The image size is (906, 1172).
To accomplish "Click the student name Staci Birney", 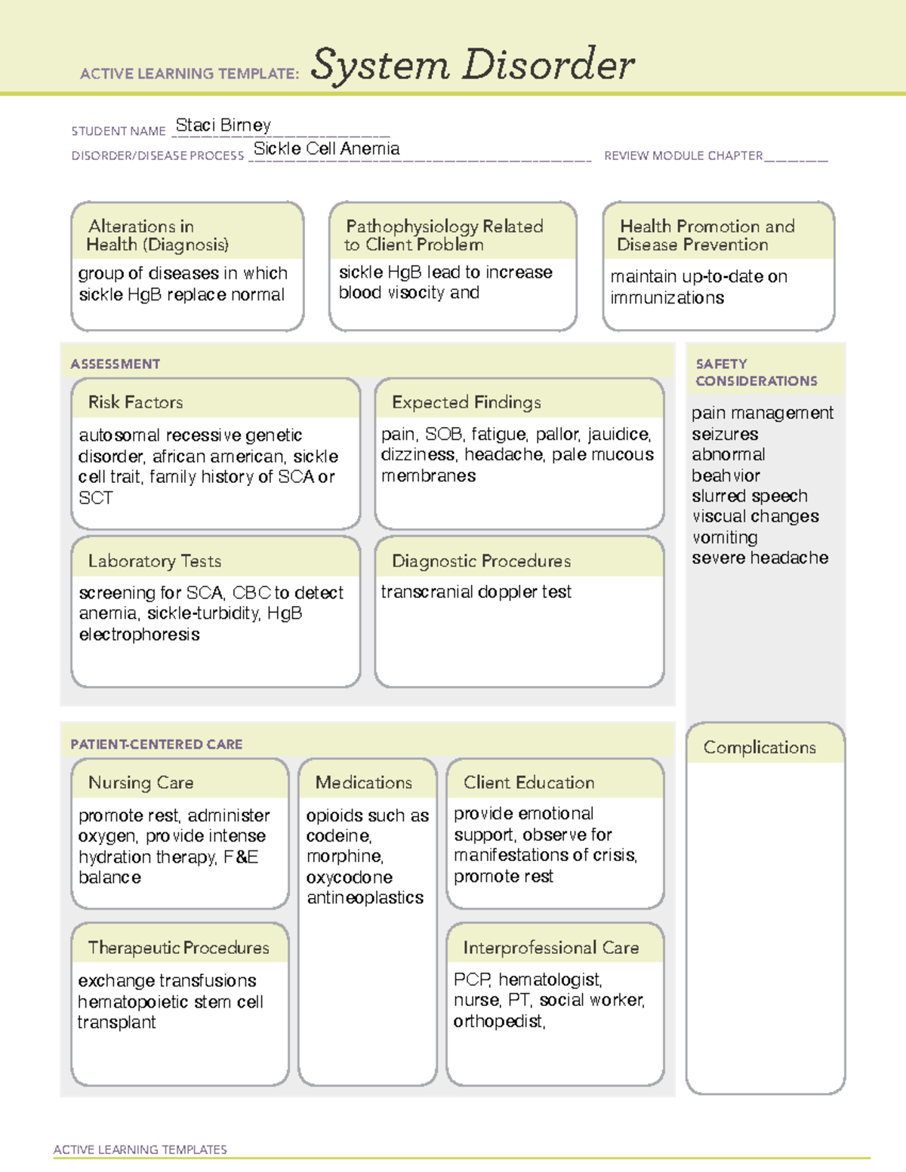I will click(223, 125).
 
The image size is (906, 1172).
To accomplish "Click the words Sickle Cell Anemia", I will click(326, 149).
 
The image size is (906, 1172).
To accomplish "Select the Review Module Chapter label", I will click(683, 156).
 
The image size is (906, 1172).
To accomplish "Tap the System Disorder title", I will click(472, 65).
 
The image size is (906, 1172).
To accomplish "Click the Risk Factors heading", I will click(135, 402).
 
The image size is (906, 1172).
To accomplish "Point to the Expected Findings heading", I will click(466, 402).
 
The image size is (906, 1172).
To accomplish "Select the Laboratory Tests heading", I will click(154, 561).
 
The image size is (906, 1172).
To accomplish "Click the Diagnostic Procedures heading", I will click(481, 561).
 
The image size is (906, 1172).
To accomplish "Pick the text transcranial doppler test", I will click(476, 592).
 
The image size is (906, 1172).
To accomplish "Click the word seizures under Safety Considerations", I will click(725, 435).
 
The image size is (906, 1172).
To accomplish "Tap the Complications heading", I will click(759, 748).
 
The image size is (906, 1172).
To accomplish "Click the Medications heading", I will click(363, 783).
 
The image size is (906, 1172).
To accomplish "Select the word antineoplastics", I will click(365, 898).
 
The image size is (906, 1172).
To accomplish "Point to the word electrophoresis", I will click(139, 635).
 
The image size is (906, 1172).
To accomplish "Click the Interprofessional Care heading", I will click(550, 948).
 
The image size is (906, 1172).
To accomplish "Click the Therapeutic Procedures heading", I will click(178, 948).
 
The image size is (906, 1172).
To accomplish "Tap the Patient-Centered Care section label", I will click(156, 745).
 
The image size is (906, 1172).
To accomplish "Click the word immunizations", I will click(667, 298).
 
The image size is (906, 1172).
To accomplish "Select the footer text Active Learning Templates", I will click(140, 1149).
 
